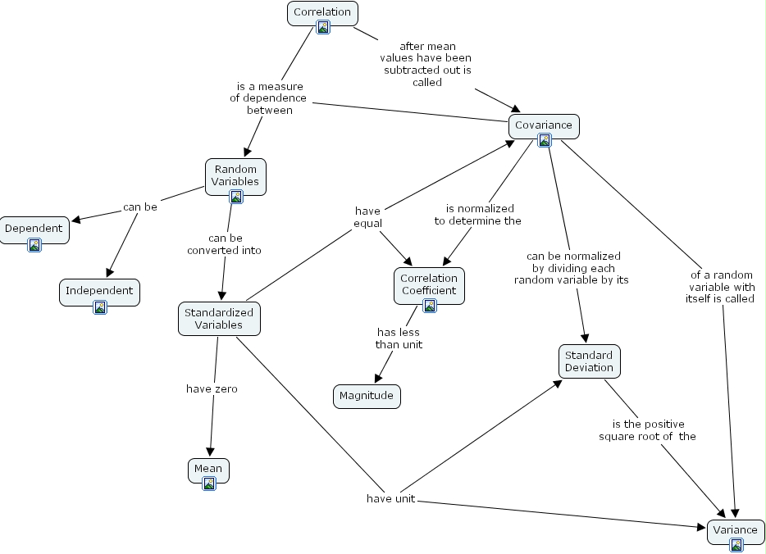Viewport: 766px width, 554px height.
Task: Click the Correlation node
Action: click(x=322, y=12)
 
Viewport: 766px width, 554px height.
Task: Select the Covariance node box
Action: click(x=543, y=125)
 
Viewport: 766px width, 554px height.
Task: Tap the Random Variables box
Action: click(x=235, y=175)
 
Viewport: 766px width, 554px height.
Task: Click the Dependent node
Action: click(x=34, y=229)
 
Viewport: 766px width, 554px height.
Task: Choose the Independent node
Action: click(x=99, y=291)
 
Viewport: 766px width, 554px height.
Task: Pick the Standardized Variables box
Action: click(x=219, y=318)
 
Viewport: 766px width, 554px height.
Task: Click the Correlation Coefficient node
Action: click(x=429, y=284)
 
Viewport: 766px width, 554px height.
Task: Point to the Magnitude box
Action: click(x=367, y=396)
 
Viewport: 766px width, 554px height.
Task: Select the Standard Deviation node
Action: click(x=588, y=361)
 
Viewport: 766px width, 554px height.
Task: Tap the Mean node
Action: click(x=208, y=469)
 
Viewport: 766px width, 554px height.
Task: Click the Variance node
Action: click(x=735, y=529)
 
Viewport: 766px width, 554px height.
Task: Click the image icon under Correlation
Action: click(x=323, y=28)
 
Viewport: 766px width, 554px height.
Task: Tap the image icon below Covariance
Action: click(x=544, y=140)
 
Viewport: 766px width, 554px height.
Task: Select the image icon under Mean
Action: click(x=209, y=484)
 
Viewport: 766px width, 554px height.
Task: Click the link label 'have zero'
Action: click(x=212, y=388)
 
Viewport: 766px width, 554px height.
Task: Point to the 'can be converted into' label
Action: click(x=224, y=244)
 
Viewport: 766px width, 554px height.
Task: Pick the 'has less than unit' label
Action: click(x=399, y=338)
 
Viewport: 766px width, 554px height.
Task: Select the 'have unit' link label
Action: click(x=390, y=498)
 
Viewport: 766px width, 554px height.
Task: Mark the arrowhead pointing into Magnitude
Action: click(x=378, y=379)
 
